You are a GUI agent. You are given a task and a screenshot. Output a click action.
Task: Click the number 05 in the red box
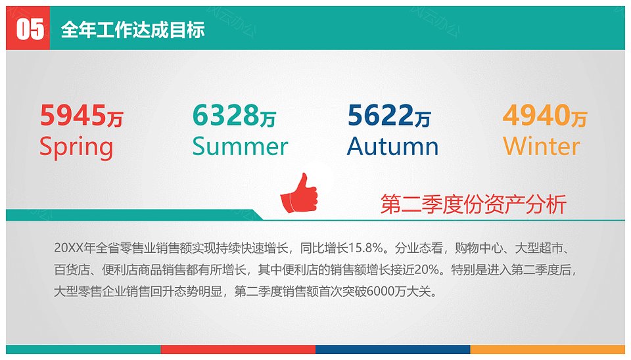30,30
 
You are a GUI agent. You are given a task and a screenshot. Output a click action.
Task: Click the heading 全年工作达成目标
133,30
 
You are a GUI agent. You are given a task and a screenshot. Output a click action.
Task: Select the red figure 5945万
82,116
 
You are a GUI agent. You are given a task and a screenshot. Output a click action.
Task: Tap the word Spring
76,146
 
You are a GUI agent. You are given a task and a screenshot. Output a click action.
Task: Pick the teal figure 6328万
234,116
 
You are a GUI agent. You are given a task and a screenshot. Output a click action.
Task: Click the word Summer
241,146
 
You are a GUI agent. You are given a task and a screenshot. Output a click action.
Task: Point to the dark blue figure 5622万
389,116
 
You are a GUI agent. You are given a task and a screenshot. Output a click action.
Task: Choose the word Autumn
393,146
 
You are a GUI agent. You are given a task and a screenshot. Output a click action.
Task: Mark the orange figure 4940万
545,116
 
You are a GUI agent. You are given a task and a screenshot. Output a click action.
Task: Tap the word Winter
541,146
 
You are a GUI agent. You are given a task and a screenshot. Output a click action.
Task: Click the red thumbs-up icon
299,193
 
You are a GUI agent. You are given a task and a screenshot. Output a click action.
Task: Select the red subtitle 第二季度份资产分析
473,204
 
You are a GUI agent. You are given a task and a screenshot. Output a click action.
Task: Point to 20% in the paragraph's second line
427,269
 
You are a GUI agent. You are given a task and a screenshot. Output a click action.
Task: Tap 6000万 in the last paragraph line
386,291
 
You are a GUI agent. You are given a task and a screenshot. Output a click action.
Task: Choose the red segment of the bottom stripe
238,349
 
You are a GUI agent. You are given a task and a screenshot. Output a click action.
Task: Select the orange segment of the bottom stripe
548,349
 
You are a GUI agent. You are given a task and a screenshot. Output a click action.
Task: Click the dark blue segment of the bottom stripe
393,349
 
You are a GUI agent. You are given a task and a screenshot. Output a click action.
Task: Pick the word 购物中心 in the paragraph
479,248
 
